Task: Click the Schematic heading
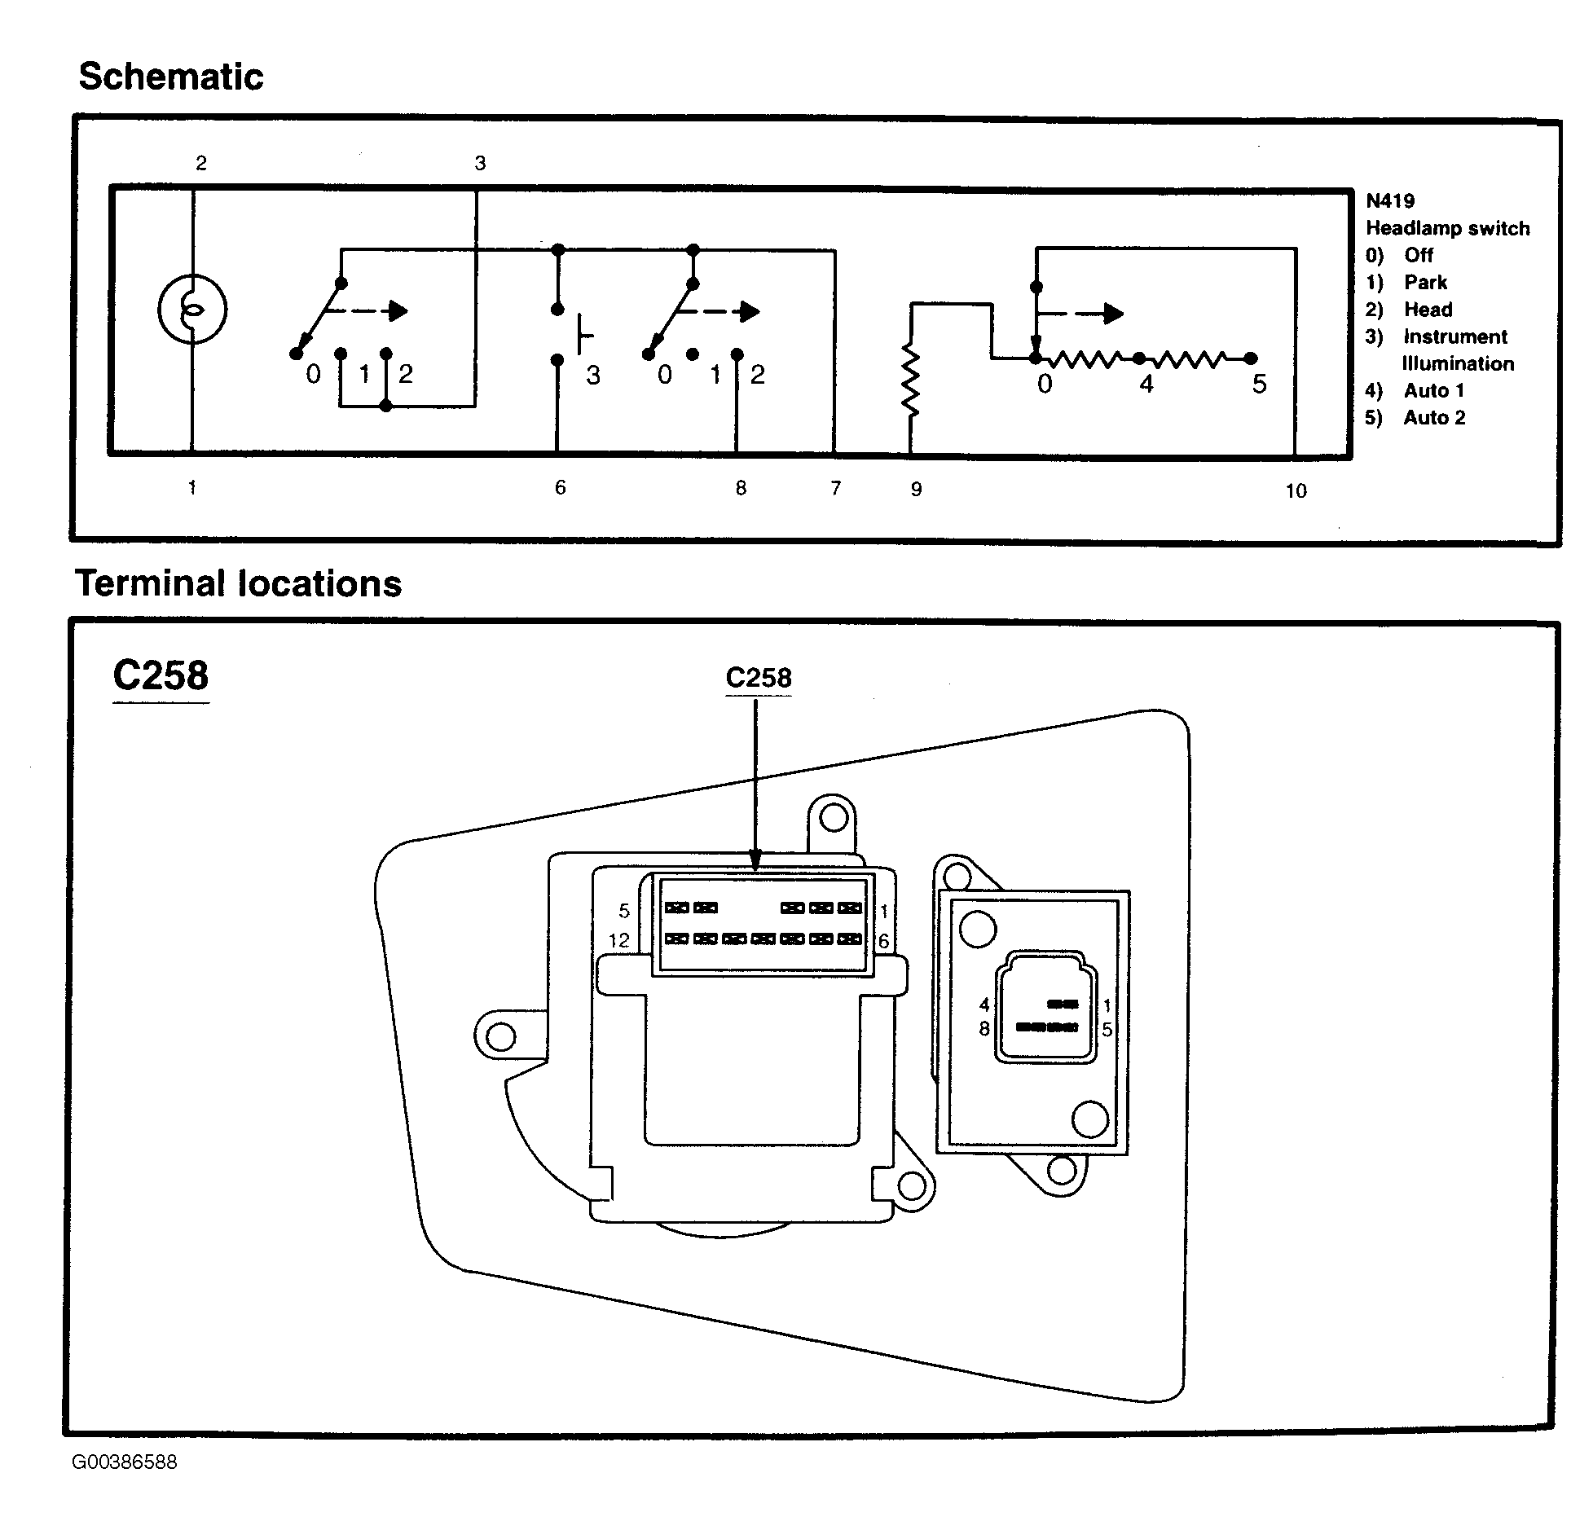(x=171, y=77)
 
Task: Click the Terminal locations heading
(x=239, y=583)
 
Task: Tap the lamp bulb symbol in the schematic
(x=192, y=310)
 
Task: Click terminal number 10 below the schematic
(x=1296, y=490)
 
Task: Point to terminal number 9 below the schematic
(x=917, y=489)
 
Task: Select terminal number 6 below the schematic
(x=560, y=487)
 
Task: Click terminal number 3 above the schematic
(x=480, y=163)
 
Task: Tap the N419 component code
(x=1390, y=200)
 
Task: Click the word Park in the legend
(x=1425, y=282)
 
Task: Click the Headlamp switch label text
(x=1448, y=228)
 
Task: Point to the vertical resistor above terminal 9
(x=911, y=380)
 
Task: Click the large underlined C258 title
(x=161, y=675)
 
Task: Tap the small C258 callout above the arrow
(x=759, y=678)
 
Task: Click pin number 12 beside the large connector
(x=618, y=941)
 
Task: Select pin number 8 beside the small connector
(x=984, y=1029)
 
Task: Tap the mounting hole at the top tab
(x=833, y=817)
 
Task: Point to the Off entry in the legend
(x=1418, y=255)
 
